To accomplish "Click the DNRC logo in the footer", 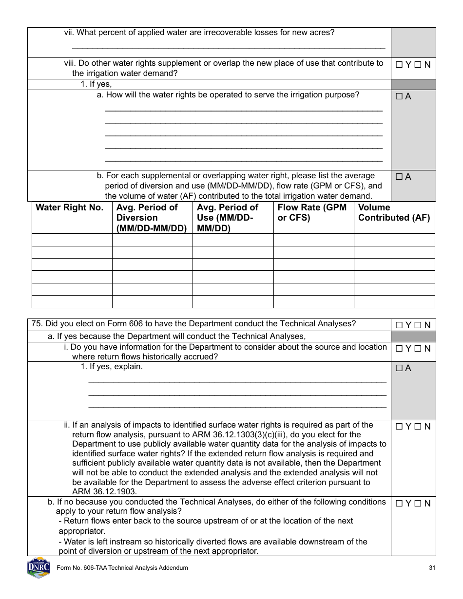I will tap(39, 568).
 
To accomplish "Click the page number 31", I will tap(432, 568).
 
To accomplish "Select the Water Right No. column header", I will tap(70, 208).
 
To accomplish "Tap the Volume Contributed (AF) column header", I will tap(394, 213).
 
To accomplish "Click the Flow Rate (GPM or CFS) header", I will tap(312, 213).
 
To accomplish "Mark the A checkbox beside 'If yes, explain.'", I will tap(399, 369).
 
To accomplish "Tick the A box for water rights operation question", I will tap(399, 97).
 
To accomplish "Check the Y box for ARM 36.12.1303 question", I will tap(399, 427).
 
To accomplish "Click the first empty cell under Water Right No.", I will tap(72, 240).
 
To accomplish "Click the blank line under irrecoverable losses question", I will tap(229, 48).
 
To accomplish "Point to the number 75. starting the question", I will tap(37, 324).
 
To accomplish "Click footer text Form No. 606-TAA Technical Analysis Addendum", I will tap(122, 568).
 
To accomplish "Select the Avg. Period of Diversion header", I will tap(152, 218).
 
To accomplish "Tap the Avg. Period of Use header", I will tap(232, 218).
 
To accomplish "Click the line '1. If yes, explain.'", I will tap(112, 367).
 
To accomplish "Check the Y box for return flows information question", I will tap(399, 349).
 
